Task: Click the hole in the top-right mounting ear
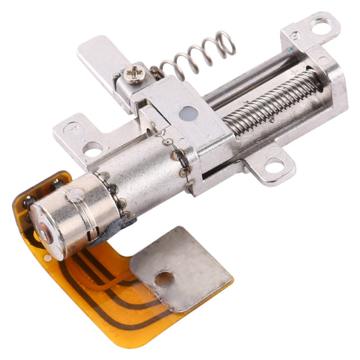coord(321,27)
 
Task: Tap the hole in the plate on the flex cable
coord(163,277)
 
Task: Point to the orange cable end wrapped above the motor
coord(47,182)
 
